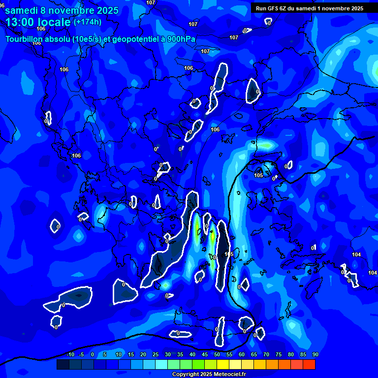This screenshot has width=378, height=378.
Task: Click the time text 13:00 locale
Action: pyautogui.click(x=38, y=22)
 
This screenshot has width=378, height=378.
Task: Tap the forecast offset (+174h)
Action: pyautogui.click(x=88, y=22)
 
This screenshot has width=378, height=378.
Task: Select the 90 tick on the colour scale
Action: pyautogui.click(x=315, y=355)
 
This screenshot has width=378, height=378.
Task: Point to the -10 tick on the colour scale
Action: pyautogui.click(x=69, y=355)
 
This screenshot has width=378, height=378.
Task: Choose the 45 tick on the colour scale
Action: pyautogui.click(x=205, y=355)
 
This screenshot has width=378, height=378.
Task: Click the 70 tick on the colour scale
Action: pyautogui.click(x=266, y=355)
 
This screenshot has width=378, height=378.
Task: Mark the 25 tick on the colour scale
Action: pyautogui.click(x=156, y=355)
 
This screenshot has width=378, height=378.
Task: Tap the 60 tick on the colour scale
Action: pyautogui.click(x=242, y=355)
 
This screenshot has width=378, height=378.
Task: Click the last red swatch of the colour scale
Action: pyautogui.click(x=309, y=364)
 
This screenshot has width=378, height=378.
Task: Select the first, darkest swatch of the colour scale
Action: pyautogui.click(x=63, y=364)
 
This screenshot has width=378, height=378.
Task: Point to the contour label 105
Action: pyautogui.click(x=258, y=175)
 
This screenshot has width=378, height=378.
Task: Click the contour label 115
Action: pyautogui.click(x=229, y=254)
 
